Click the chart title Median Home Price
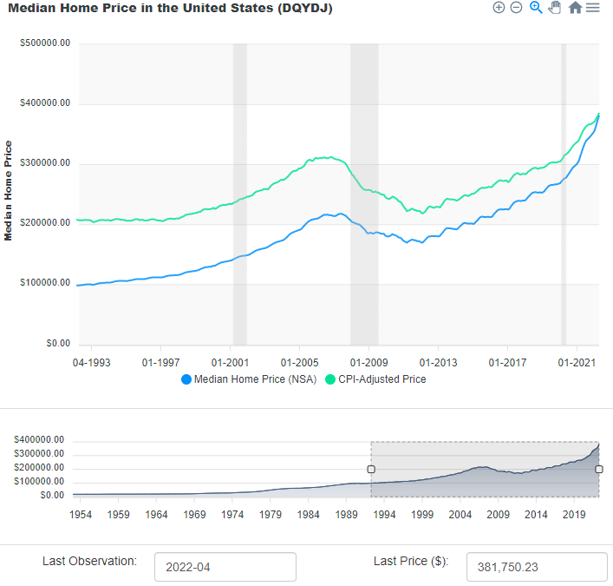pyautogui.click(x=170, y=8)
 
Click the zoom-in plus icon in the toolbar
pyautogui.click(x=499, y=8)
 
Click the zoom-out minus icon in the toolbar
pyautogui.click(x=516, y=8)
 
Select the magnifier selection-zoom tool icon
pyautogui.click(x=536, y=8)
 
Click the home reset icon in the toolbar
pyautogui.click(x=575, y=8)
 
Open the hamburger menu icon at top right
pyautogui.click(x=593, y=8)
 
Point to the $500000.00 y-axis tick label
pyautogui.click(x=45, y=43)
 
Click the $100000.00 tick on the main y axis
pyautogui.click(x=45, y=283)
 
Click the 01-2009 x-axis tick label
pyautogui.click(x=368, y=361)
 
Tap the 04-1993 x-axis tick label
pyautogui.click(x=91, y=361)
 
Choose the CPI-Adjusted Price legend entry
pyautogui.click(x=375, y=379)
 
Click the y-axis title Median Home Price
pyautogui.click(x=9, y=190)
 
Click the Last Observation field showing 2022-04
pyautogui.click(x=225, y=568)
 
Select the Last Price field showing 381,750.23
pyautogui.click(x=536, y=568)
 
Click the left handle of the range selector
pyautogui.click(x=371, y=470)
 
